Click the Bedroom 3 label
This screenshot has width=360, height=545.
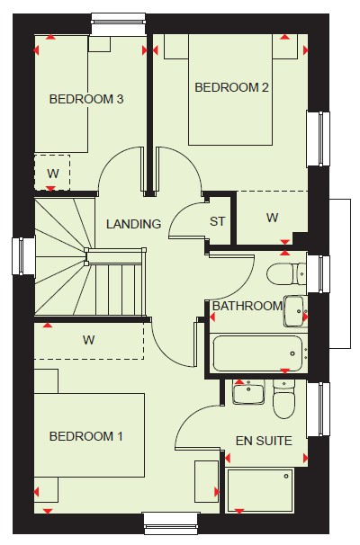click(x=86, y=99)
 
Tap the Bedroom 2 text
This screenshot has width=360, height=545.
click(x=231, y=87)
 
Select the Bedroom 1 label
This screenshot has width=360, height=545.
click(x=86, y=436)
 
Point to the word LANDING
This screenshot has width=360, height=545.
click(x=133, y=224)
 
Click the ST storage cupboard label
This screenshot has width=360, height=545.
click(x=218, y=221)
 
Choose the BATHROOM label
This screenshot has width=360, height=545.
click(x=247, y=306)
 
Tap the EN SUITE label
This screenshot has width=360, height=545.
click(x=264, y=441)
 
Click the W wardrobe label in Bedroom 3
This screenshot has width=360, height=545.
click(x=53, y=173)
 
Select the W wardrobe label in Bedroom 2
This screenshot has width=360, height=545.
click(x=273, y=218)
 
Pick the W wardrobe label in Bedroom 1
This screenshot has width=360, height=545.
click(x=89, y=340)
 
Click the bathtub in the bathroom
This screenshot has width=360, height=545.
click(x=257, y=353)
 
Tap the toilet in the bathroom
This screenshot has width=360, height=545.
click(x=286, y=274)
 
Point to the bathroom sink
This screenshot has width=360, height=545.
click(x=295, y=311)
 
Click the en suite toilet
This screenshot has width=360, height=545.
click(x=283, y=399)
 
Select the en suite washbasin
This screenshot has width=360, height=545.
click(x=248, y=392)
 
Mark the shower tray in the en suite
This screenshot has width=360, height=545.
click(x=260, y=490)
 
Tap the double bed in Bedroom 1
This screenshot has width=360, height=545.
click(x=89, y=435)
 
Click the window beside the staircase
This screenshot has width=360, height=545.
click(x=23, y=256)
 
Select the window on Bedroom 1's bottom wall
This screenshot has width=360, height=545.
click(x=172, y=523)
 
